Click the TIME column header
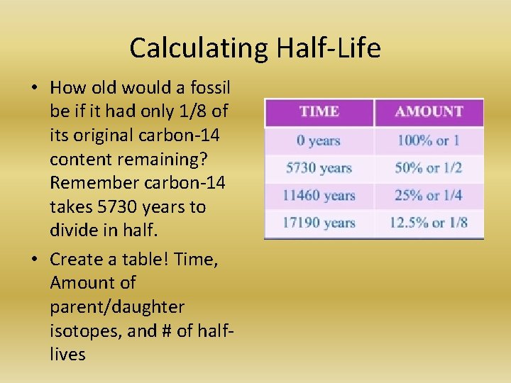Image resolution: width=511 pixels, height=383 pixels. click(x=319, y=112)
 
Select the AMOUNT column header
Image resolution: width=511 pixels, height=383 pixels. click(x=429, y=112)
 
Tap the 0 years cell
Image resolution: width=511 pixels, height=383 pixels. click(x=319, y=140)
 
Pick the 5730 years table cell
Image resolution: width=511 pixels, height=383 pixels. click(x=319, y=168)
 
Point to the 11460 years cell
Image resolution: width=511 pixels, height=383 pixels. click(x=319, y=195)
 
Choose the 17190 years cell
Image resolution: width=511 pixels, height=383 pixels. click(x=319, y=223)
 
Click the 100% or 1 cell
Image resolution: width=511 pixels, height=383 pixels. click(x=429, y=140)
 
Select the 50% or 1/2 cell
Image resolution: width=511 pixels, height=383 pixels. click(x=429, y=168)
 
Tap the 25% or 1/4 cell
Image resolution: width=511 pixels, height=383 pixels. click(x=429, y=195)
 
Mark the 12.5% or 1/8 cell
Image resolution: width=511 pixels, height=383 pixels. click(x=429, y=223)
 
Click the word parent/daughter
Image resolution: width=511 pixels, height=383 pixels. click(x=117, y=307)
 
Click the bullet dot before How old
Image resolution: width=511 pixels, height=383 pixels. click(x=34, y=89)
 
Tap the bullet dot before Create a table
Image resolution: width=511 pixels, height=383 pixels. click(x=34, y=260)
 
